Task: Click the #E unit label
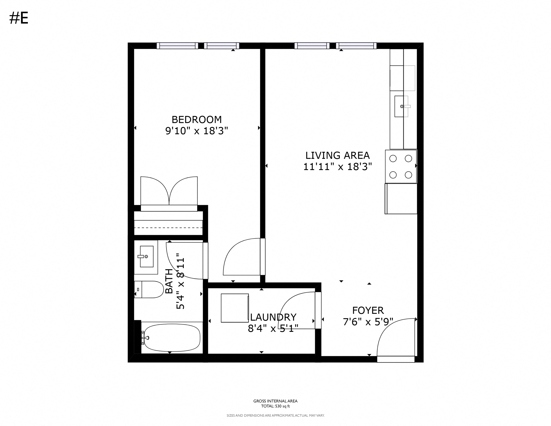point(19,18)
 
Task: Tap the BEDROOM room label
point(197,119)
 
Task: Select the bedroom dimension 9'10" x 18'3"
point(197,131)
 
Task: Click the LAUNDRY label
point(273,317)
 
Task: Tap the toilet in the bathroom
point(149,290)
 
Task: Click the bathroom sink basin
point(147,256)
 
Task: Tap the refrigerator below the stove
point(401,199)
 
